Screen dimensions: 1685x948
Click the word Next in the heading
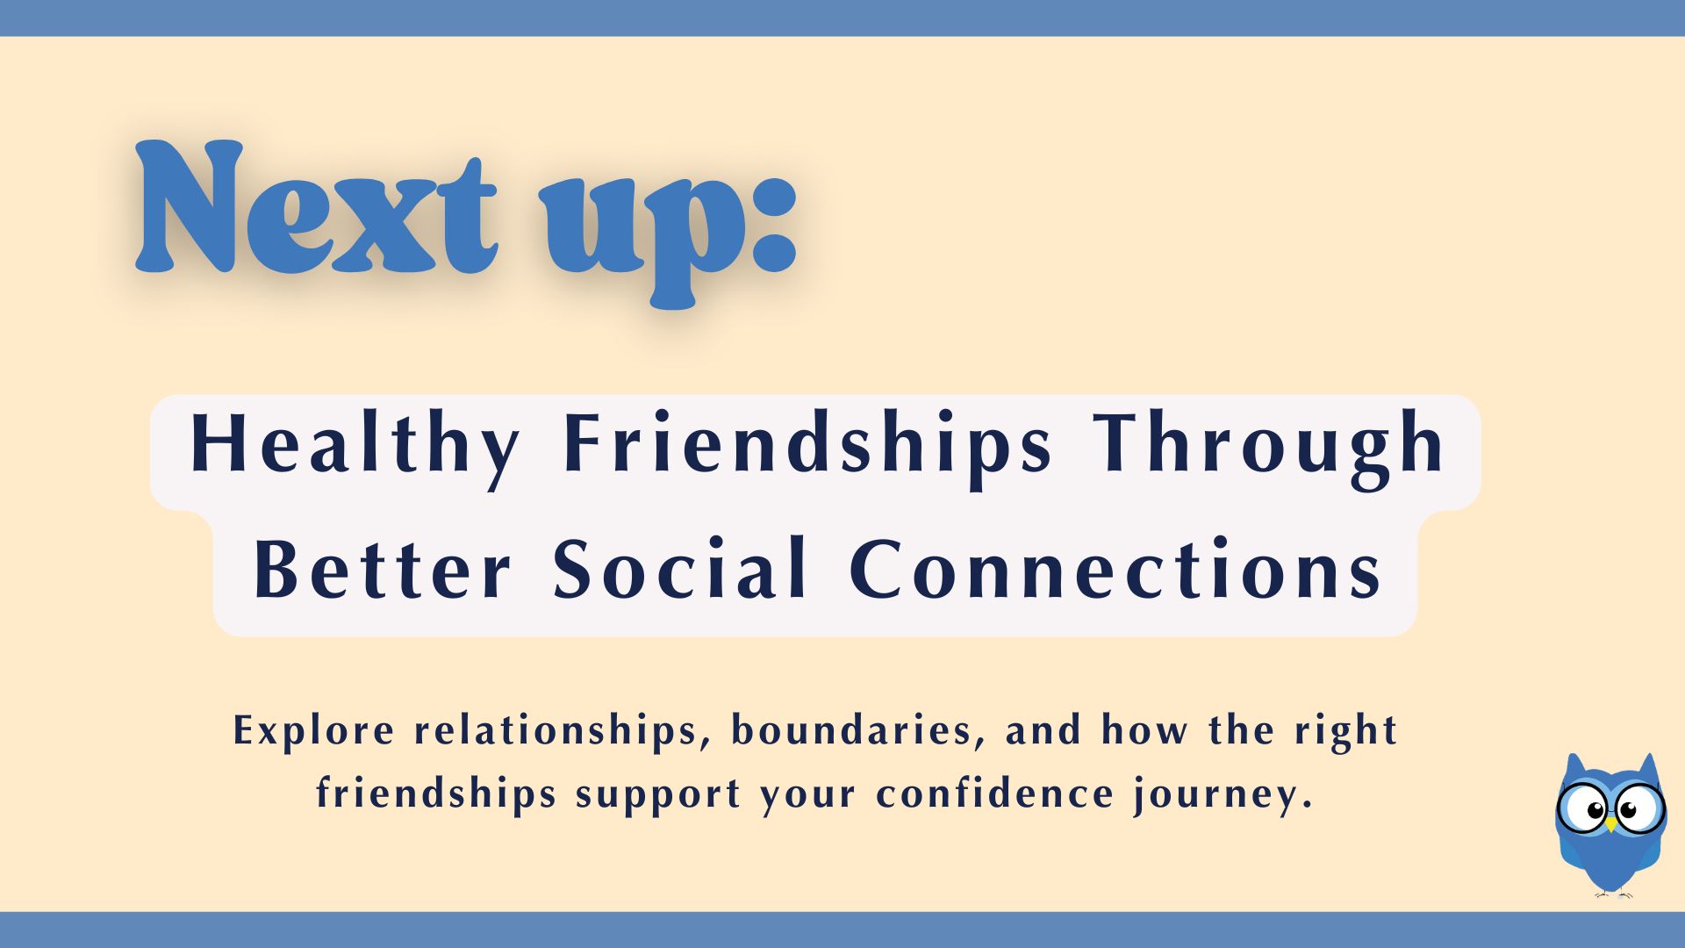coord(317,207)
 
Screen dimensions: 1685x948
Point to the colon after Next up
coord(772,223)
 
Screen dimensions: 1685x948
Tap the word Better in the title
coord(382,570)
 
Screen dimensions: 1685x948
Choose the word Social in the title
coord(679,568)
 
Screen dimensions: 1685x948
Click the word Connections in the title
coord(1115,570)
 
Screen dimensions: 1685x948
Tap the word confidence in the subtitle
coord(995,794)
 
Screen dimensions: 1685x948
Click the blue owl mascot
coord(1610,825)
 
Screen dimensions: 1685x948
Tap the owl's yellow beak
coord(1610,824)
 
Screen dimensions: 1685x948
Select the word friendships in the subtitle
coord(436,794)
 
